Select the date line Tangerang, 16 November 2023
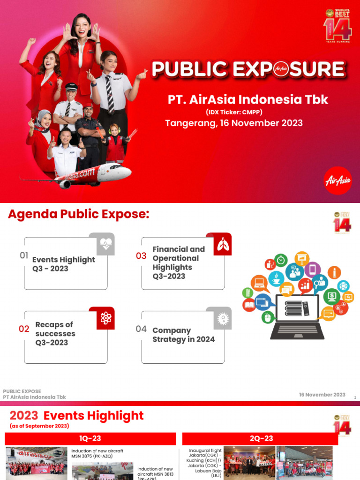(x=234, y=123)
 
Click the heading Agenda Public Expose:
(x=79, y=215)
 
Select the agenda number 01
(x=24, y=255)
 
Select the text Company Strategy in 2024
(x=183, y=335)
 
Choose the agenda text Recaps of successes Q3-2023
(x=55, y=333)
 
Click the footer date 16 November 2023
(x=322, y=395)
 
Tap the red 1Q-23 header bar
(x=90, y=439)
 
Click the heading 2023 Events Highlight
(x=77, y=416)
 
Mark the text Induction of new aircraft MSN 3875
(x=97, y=453)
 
